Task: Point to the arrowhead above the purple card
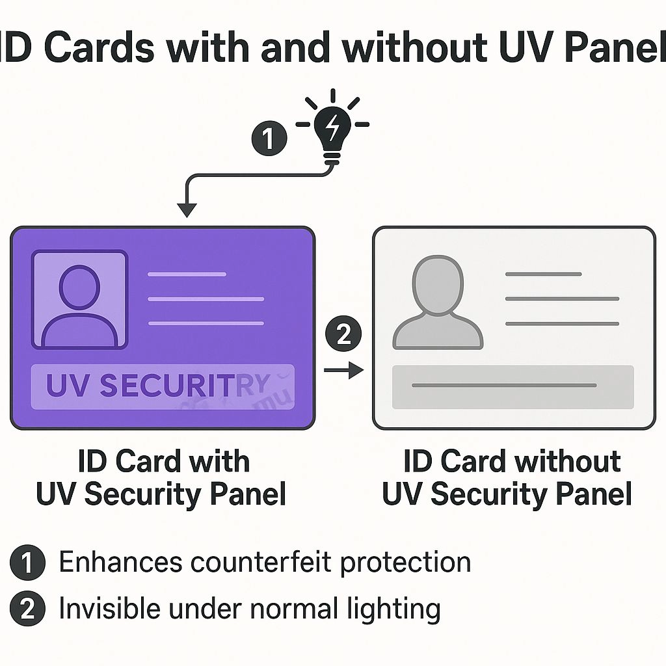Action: (x=187, y=209)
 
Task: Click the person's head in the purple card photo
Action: (x=79, y=287)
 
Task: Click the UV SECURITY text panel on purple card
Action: (x=163, y=386)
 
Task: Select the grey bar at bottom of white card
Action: (x=513, y=386)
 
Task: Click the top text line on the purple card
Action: (x=187, y=274)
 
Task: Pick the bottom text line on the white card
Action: (x=562, y=323)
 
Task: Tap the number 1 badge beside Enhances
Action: (x=28, y=563)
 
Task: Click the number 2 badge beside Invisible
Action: (x=28, y=609)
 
